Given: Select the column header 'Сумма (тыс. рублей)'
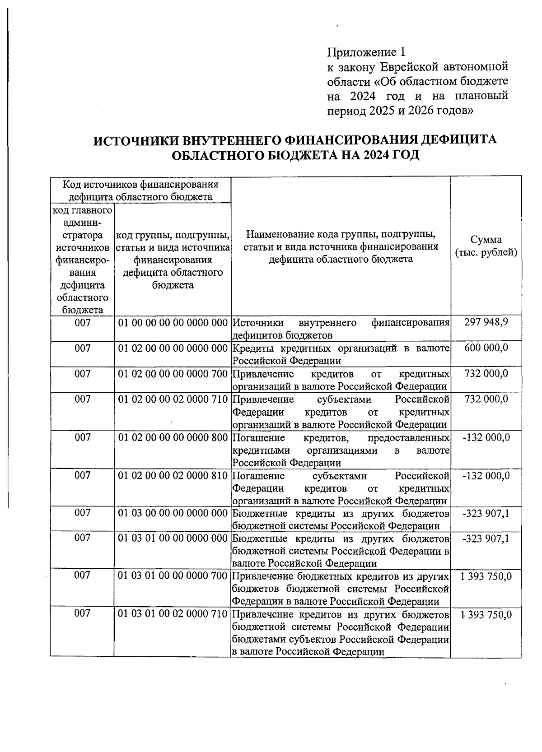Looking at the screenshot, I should point(486,246).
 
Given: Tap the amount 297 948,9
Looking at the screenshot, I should point(486,322).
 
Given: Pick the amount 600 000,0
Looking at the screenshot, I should point(486,348).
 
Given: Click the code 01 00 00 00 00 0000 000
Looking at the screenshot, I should point(173,323).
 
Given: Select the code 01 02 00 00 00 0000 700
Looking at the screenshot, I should point(173,374).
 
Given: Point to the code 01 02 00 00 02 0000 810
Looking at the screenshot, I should point(173,476).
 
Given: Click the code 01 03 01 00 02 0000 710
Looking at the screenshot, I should point(173,614).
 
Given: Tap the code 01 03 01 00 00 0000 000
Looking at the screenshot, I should point(173,538).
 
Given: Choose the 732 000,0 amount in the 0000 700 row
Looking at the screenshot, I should point(486,373).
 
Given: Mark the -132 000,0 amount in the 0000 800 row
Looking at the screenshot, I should point(486,437).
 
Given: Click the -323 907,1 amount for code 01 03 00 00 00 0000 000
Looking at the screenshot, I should point(486,513).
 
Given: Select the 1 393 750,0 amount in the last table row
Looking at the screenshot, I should point(486,614).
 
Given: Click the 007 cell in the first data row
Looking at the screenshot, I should point(82,323).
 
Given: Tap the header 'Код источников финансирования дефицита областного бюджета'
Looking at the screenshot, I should point(140,190).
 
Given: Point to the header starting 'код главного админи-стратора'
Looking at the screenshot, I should point(82,260).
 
